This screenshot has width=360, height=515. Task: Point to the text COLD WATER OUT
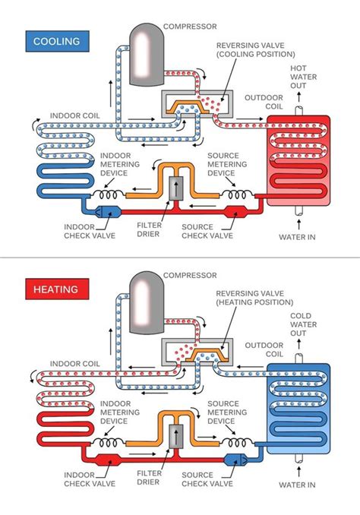[299, 326]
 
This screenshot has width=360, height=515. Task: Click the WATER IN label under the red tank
[298, 238]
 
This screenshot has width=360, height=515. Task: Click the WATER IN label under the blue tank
[298, 486]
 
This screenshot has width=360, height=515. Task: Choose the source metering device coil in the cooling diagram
[233, 196]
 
